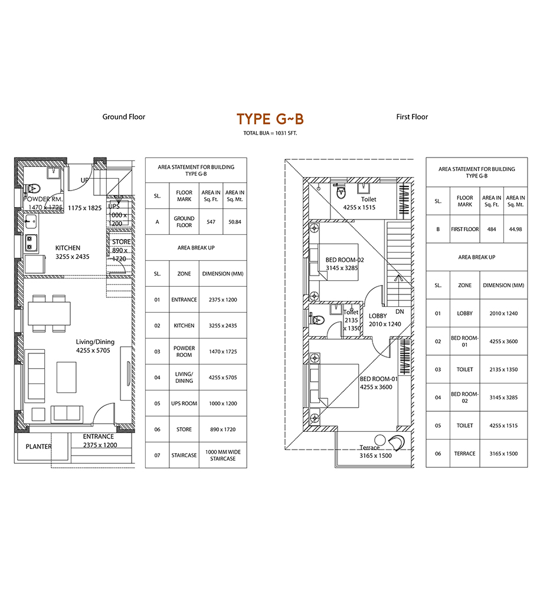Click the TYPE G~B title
pos(270,119)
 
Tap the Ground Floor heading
pos(124,117)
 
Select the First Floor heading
pos(412,117)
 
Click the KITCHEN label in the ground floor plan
pos(68,248)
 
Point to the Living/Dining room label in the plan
pos(95,342)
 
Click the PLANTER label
pos(39,447)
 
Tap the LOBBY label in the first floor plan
pos(378,316)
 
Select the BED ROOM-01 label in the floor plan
pos(378,379)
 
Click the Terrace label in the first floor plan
pos(369,447)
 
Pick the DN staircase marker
pos(400,312)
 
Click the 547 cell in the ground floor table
pos(211,222)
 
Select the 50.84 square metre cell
pos(235,222)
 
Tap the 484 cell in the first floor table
pos(492,229)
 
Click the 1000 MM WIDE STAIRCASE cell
pos(222,455)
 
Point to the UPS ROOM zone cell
pos(184,404)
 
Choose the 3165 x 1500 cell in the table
pos(503,453)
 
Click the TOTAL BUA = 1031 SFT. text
pos(270,133)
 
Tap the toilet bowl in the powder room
pos(33,188)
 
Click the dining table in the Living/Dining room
pos(50,313)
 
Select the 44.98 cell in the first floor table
pos(516,229)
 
